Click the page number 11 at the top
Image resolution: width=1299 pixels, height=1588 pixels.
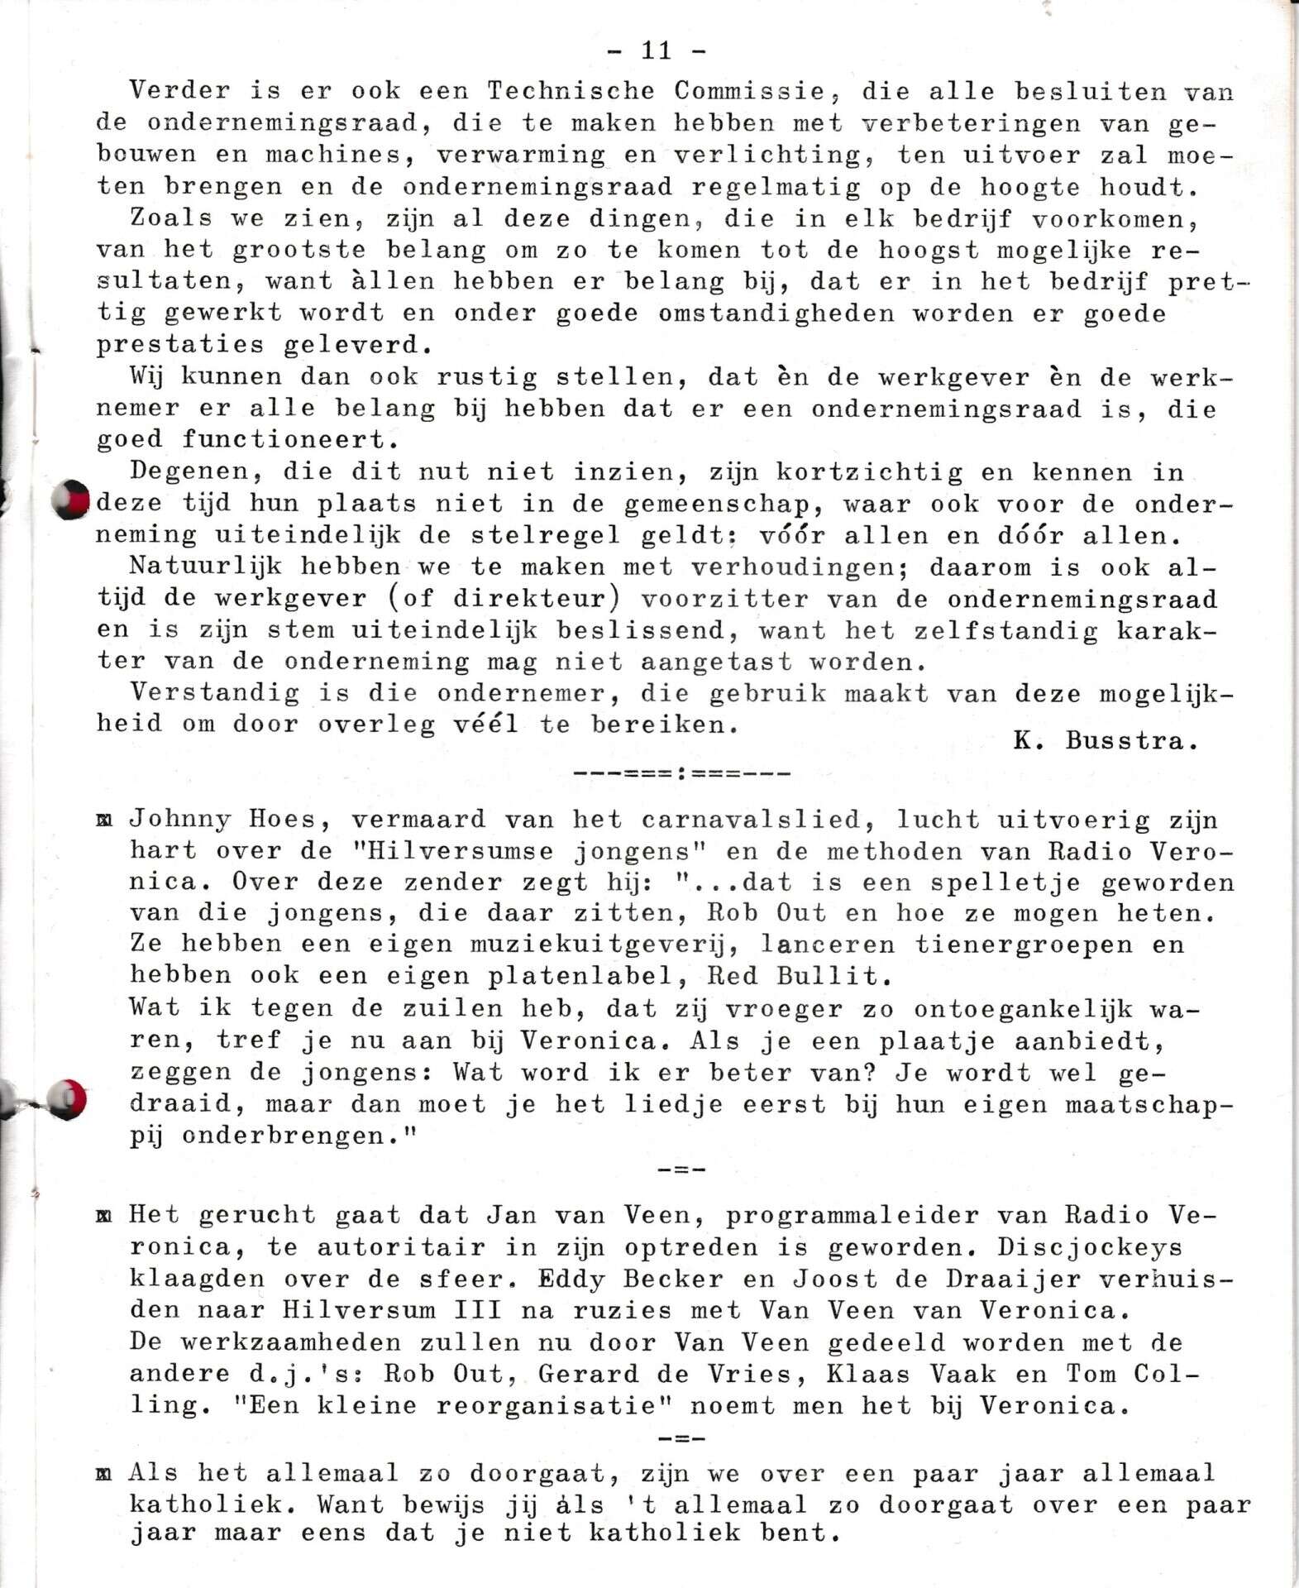coord(657,51)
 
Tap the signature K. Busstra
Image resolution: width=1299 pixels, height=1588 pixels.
coord(1106,740)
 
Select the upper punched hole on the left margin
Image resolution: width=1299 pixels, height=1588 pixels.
coord(72,500)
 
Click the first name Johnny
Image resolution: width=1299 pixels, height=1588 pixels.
coord(180,820)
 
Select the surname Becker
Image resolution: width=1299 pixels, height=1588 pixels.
coord(673,1279)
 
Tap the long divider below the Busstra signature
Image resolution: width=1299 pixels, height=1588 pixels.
coord(681,774)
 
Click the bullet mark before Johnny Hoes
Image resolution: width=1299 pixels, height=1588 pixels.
coord(104,821)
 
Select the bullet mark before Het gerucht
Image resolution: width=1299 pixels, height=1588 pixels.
coord(104,1216)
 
